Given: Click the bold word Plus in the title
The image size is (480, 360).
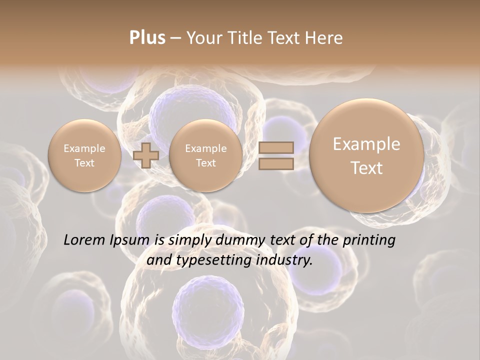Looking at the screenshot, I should (147, 38).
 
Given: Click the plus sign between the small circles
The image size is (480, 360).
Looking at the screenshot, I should (146, 155).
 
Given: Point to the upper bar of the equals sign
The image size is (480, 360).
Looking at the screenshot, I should (275, 147).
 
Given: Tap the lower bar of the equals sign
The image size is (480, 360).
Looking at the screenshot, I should (275, 163).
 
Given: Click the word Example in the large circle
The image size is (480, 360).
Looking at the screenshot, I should (366, 144).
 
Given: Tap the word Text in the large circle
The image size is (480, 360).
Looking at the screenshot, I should (366, 168).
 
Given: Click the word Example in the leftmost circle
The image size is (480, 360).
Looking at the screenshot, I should (84, 148).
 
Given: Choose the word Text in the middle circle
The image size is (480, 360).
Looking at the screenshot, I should (205, 163).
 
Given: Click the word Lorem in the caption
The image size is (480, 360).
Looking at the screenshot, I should (85, 240).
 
